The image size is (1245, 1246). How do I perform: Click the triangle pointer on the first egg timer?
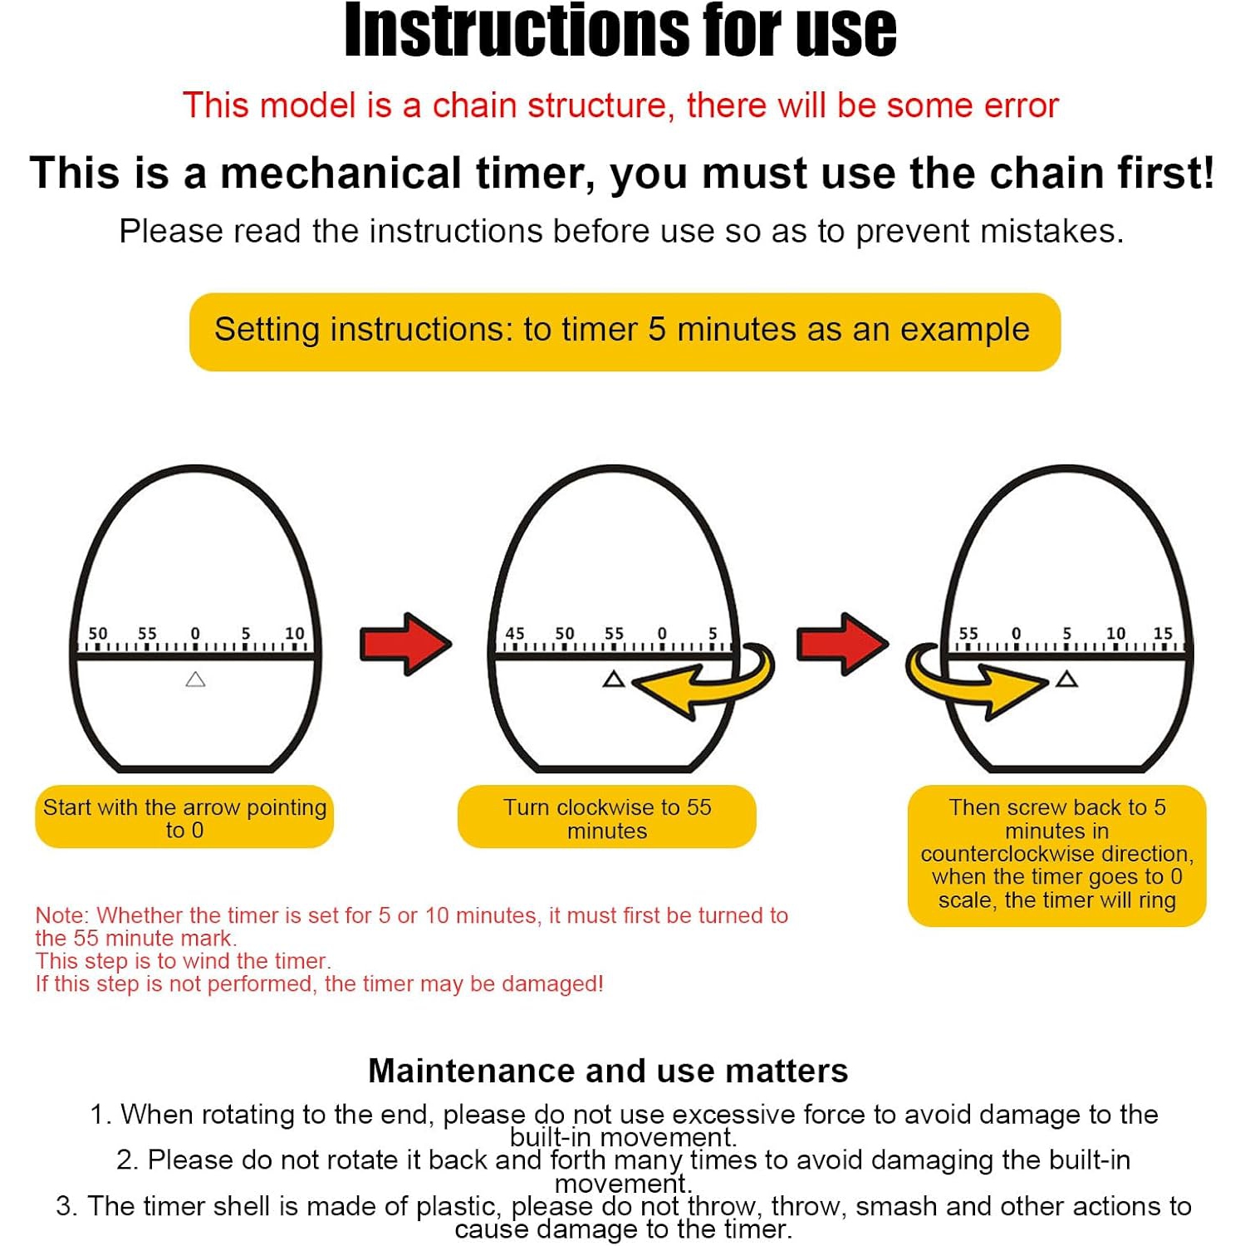click(195, 679)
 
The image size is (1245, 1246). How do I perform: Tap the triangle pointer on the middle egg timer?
click(614, 679)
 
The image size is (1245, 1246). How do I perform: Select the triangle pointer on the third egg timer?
click(1066, 679)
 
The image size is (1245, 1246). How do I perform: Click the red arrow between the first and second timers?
click(405, 644)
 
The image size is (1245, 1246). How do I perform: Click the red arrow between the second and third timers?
click(842, 644)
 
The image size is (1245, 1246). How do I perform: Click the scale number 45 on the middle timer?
click(515, 634)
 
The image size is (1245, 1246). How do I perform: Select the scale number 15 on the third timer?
click(1163, 634)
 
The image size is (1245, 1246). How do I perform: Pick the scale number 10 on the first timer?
click(295, 634)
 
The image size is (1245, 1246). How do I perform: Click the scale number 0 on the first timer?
click(195, 634)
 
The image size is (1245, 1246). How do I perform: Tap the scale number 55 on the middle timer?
click(614, 634)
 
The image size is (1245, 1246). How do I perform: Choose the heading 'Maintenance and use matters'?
click(608, 1071)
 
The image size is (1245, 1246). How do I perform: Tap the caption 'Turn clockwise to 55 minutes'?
click(607, 818)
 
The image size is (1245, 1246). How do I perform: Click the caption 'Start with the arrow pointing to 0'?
click(184, 818)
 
